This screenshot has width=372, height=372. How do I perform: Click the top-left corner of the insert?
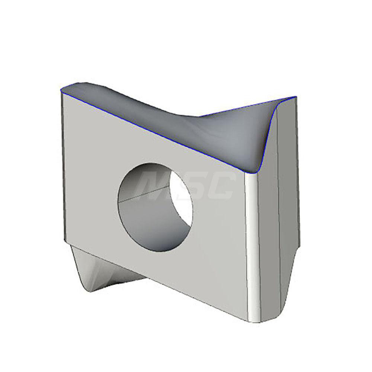pyautogui.click(x=62, y=89)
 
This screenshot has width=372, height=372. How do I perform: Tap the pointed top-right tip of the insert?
pyautogui.click(x=295, y=97)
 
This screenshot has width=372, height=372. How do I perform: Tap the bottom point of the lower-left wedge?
pyautogui.click(x=89, y=292)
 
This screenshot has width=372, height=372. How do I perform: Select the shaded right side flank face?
pyautogui.click(x=270, y=242)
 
